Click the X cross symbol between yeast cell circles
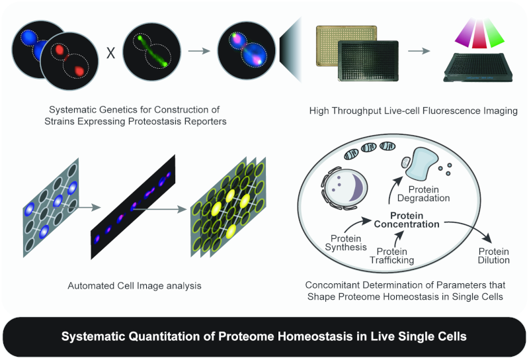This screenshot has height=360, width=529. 110,53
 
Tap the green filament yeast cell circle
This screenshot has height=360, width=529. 151,52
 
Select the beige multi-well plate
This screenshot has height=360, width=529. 346,45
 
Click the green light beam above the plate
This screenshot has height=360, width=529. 493,34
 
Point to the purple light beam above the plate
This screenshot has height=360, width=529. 466,32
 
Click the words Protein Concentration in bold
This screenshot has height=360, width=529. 407,220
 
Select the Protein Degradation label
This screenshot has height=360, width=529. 423,194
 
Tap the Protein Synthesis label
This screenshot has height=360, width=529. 345,243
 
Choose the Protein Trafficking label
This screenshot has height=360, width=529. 391,256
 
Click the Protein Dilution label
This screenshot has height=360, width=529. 493,256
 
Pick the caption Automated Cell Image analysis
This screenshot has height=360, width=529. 134,286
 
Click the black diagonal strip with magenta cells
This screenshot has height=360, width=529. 133,207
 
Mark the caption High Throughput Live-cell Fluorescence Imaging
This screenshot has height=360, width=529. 413,111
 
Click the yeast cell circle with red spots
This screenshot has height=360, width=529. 69,61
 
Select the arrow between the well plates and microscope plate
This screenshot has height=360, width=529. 419,51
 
